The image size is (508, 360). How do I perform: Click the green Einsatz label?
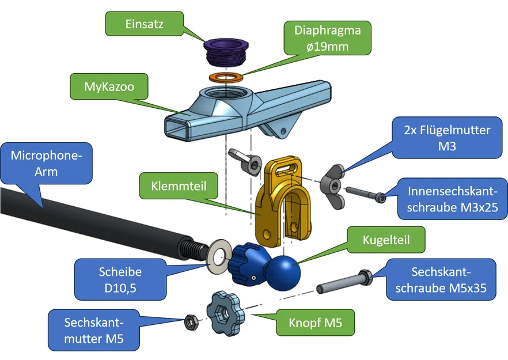click(x=143, y=24)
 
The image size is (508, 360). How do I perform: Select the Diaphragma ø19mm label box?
click(x=327, y=37)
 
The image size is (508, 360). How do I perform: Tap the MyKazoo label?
click(x=108, y=87)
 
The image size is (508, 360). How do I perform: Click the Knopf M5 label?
click(x=315, y=323)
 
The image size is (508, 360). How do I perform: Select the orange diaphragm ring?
click(x=225, y=77)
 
